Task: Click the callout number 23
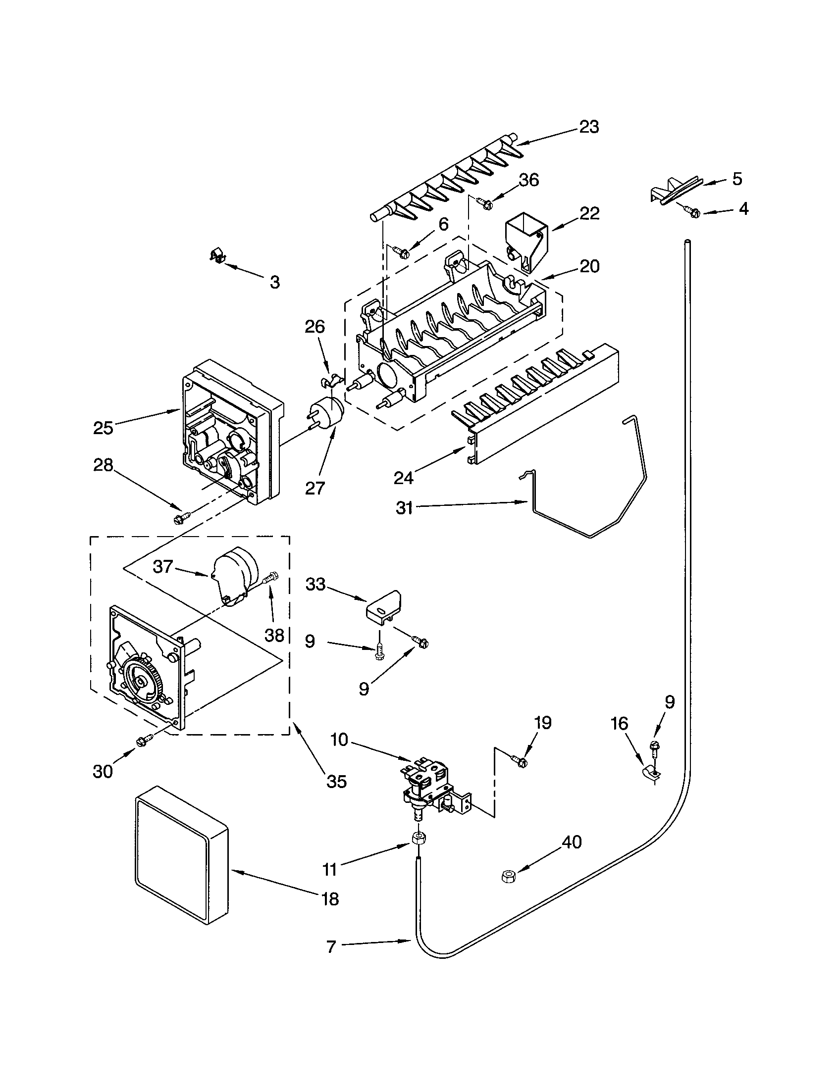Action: [588, 127]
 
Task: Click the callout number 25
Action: [103, 428]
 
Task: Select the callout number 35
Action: [336, 781]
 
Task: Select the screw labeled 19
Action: [519, 760]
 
